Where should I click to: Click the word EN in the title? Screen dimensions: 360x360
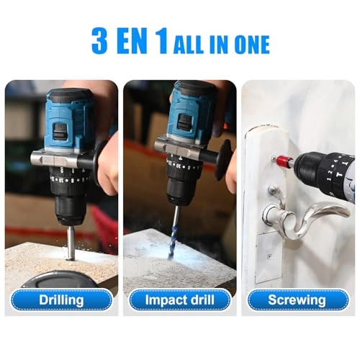135,41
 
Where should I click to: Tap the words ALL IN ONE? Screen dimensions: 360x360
222,45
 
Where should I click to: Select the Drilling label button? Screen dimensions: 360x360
61,300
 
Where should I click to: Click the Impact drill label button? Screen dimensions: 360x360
179,300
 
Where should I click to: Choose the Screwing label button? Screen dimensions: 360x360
297,300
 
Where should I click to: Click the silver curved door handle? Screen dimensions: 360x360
302,215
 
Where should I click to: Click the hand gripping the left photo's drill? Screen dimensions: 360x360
108,166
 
